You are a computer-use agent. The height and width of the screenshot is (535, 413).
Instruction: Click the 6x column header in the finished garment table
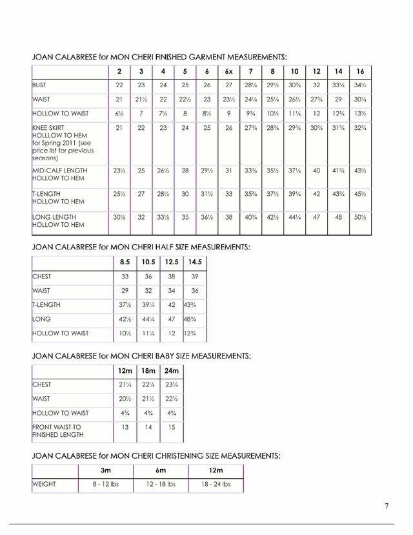click(228, 70)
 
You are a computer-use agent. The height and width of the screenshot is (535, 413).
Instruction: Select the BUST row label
click(41, 85)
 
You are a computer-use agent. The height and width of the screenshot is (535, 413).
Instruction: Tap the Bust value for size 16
click(360, 85)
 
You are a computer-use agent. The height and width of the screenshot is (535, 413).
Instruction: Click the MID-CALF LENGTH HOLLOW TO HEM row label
click(59, 174)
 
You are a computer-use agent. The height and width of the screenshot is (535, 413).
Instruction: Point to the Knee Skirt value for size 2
click(119, 129)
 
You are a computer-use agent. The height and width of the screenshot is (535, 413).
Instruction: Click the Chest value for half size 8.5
click(125, 277)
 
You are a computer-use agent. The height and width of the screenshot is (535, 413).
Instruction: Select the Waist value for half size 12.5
click(172, 291)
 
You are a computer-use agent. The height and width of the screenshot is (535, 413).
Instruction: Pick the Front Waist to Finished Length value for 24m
click(171, 427)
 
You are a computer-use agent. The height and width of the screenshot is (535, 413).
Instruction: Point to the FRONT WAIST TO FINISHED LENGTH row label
click(58, 431)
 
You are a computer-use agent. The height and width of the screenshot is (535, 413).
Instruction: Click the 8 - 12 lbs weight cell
click(105, 484)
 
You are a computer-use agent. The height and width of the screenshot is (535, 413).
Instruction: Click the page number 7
click(387, 506)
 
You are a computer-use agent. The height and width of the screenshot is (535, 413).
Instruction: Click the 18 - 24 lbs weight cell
click(215, 484)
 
